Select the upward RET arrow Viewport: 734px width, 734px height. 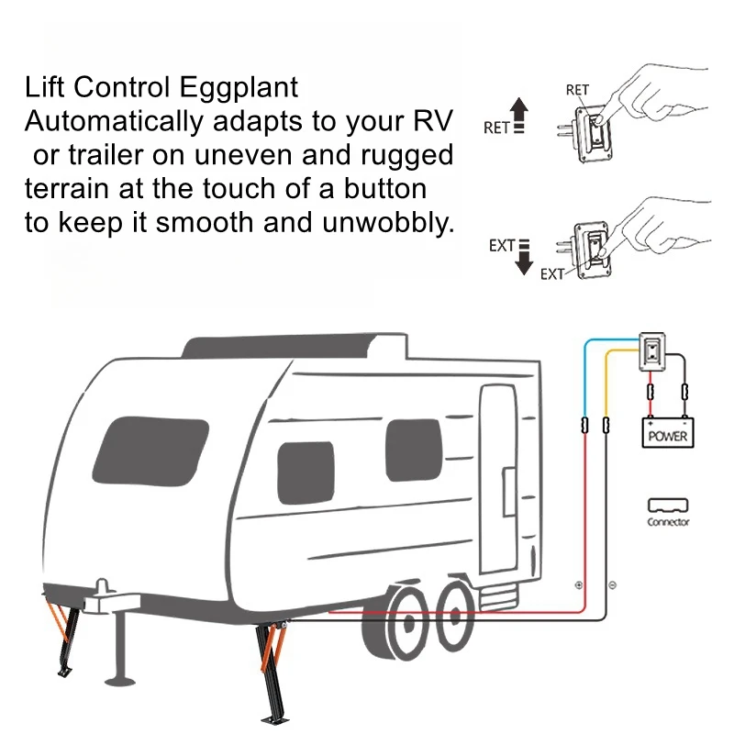tap(519, 118)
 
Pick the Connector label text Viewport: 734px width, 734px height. tap(668, 522)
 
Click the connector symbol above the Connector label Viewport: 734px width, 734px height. tap(668, 505)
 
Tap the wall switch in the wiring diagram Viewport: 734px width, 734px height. tap(651, 351)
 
